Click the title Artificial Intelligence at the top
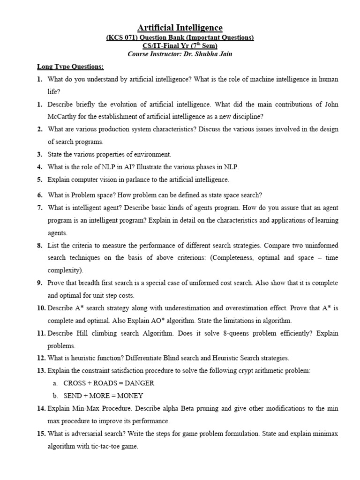180,28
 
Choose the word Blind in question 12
185,358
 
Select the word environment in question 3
152,154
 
